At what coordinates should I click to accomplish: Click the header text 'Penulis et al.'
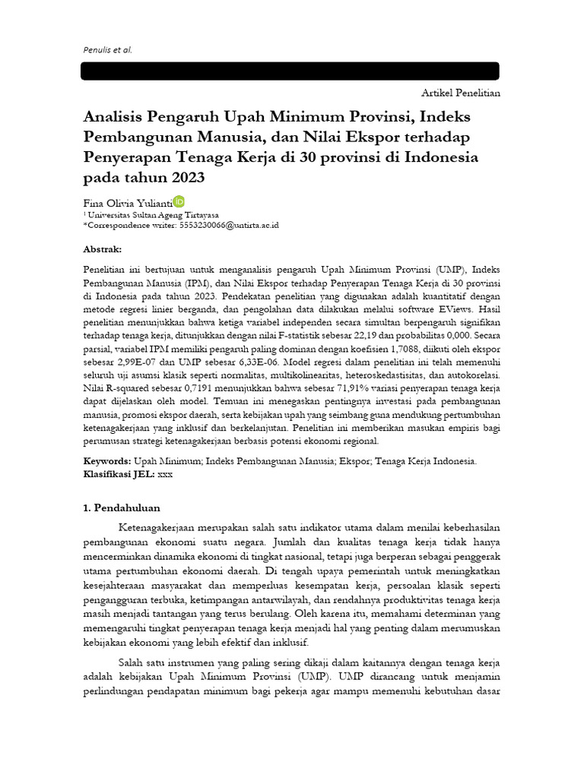[x=106, y=50]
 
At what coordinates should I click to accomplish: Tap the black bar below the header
[x=290, y=71]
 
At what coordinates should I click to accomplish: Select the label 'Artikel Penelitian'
[x=461, y=93]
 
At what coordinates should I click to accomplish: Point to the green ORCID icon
[x=179, y=201]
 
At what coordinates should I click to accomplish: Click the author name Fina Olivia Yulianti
[x=127, y=203]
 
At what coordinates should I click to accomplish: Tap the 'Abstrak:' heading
[x=102, y=249]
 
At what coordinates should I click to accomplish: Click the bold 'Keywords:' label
[x=106, y=461]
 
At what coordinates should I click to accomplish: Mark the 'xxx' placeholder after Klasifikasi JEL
[x=165, y=473]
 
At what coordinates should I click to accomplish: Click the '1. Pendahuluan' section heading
[x=121, y=508]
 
